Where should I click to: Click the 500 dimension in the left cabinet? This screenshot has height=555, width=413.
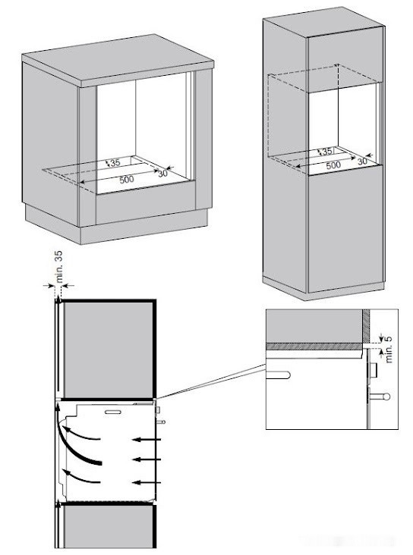coord(127,180)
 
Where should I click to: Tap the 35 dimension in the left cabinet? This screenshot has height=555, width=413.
coord(115,163)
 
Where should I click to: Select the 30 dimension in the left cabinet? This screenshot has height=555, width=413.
coord(162,174)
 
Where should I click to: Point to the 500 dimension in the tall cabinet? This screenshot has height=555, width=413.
coord(333,165)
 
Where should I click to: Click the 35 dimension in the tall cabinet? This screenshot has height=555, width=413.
coord(327,152)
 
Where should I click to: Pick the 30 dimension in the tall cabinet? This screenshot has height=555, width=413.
coord(362,161)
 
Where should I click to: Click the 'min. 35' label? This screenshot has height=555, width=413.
coord(58,266)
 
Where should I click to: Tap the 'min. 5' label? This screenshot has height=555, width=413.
coord(389,349)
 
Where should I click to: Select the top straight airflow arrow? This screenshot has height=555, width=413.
coord(147,440)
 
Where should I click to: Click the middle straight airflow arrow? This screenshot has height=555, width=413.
coord(148,459)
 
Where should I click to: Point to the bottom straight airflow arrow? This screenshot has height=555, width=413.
coord(148,482)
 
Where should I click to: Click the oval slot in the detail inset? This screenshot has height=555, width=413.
coord(279,375)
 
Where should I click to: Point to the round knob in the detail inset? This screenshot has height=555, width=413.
coord(386,396)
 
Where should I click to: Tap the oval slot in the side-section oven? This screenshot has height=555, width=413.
coord(112,412)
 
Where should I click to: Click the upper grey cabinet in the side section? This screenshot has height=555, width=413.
coord(108,350)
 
